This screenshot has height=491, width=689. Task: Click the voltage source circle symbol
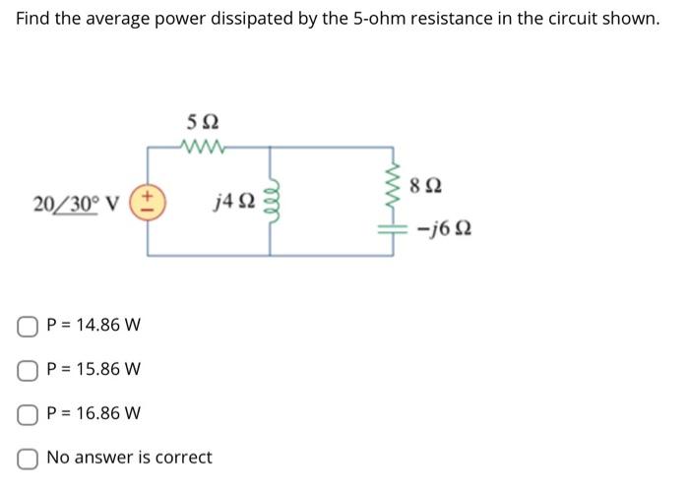(149, 201)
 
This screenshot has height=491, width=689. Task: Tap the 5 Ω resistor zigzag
(204, 148)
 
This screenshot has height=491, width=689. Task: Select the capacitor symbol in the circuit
(397, 226)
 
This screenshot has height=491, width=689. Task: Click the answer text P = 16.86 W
(94, 413)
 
